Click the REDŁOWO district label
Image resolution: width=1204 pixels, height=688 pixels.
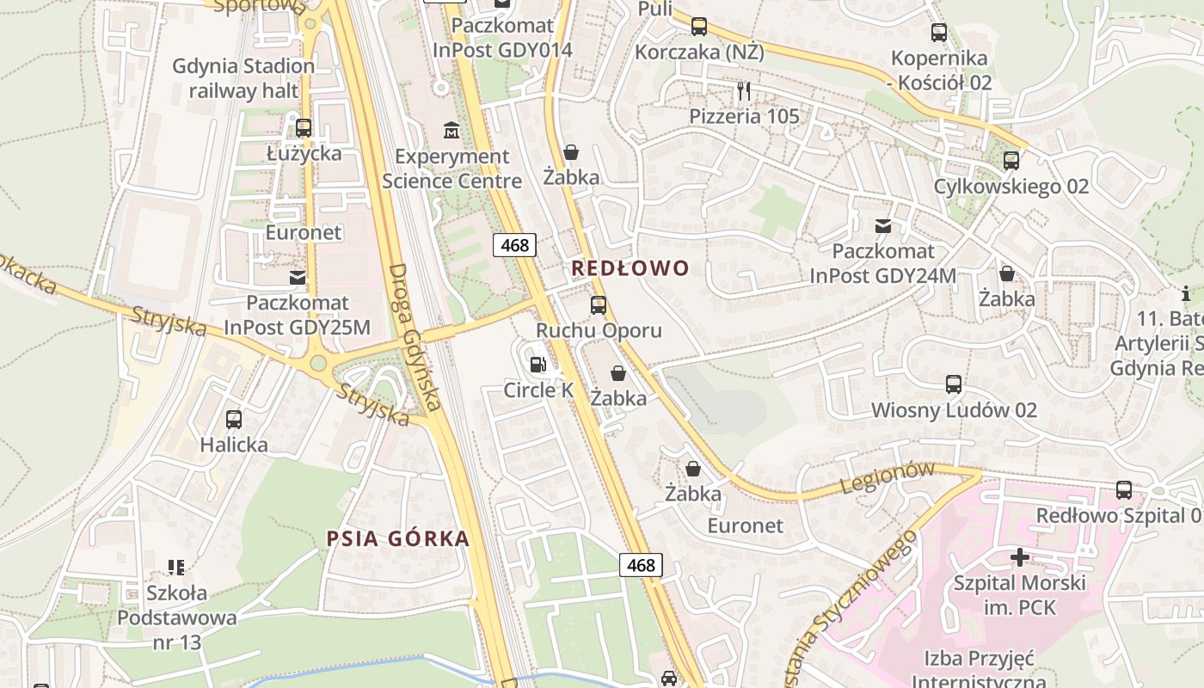pos(630,268)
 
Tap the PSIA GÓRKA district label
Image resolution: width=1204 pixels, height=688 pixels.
pos(398,539)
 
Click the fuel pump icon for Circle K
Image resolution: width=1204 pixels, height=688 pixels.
pos(538,365)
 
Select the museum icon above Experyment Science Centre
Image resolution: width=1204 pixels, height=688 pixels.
pos(451,131)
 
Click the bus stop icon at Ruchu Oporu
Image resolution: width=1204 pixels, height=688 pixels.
pos(599,305)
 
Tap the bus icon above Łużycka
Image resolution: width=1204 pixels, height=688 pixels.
pos(304,128)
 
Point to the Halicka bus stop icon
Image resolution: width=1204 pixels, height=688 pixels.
pos(234,420)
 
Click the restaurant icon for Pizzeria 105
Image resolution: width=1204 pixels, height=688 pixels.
pos(744,90)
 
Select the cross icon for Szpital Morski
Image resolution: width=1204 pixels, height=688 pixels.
pos(1019,557)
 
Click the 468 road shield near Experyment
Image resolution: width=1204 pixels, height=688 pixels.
pos(514,245)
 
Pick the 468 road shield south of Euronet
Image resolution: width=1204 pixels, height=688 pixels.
pos(641,565)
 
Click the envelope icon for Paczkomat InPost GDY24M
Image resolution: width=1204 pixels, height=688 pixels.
pos(882,226)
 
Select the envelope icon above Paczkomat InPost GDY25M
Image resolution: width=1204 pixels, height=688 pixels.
pos(298,278)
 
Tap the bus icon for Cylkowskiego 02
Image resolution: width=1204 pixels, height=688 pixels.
pos(1011,161)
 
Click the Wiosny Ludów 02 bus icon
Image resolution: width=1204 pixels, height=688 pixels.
pos(954,384)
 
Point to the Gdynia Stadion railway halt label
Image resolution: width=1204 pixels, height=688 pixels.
pos(243,78)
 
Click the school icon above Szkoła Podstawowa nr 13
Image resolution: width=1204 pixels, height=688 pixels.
pos(176,567)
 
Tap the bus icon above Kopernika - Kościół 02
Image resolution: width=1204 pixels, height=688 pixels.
pos(939,34)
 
